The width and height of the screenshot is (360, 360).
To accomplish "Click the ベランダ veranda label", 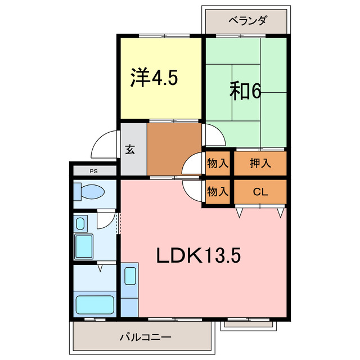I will pyautogui.click(x=247, y=21).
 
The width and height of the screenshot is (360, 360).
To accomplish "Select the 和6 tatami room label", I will pyautogui.click(x=246, y=91).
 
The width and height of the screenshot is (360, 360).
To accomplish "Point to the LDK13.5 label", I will pyautogui.click(x=199, y=255).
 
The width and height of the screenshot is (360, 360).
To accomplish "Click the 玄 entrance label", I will pyautogui.click(x=130, y=150).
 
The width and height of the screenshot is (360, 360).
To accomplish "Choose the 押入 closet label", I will pyautogui.click(x=260, y=164).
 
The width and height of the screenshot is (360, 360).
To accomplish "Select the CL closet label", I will pyautogui.click(x=259, y=192).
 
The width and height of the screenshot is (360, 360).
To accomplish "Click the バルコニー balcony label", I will pyautogui.click(x=145, y=337).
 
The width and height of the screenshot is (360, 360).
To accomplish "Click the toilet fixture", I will pyautogui.click(x=89, y=192).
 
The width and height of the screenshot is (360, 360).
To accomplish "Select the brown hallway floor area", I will pyautogui.click(x=174, y=150).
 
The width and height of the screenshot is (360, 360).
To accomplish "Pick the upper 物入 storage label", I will pyautogui.click(x=217, y=164).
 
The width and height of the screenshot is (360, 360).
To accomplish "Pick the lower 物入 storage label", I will pyautogui.click(x=217, y=192).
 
